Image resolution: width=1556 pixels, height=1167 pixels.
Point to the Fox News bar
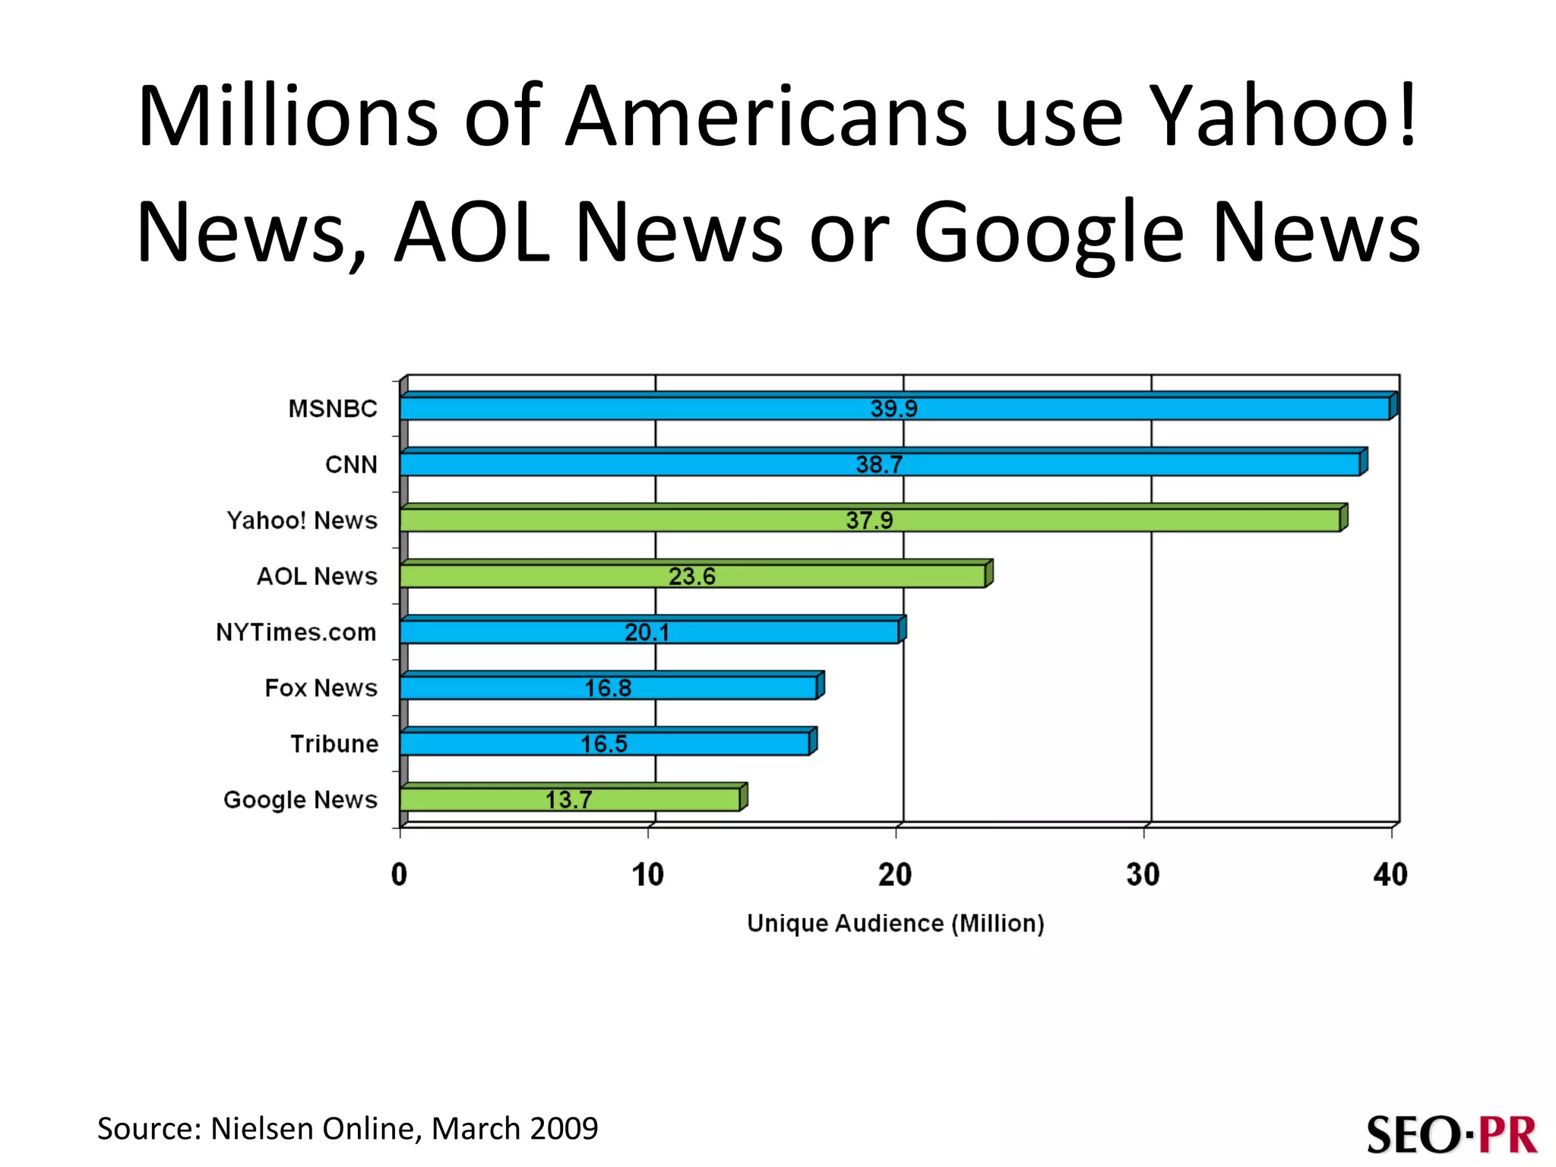point(494,688)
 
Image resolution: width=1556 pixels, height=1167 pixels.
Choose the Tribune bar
point(494,744)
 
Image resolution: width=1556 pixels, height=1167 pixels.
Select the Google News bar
point(471,799)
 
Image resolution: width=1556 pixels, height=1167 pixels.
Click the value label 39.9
point(893,409)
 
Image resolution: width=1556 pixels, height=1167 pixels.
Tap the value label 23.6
point(691,576)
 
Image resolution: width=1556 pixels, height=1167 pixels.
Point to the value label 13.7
point(568,799)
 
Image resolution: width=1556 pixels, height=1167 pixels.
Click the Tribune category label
point(334,744)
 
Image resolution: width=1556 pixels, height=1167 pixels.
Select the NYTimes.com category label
point(296,632)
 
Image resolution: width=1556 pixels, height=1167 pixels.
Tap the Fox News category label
point(321,688)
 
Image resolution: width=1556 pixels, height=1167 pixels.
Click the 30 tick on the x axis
point(1143,874)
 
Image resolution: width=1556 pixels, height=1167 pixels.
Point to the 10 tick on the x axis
point(647,874)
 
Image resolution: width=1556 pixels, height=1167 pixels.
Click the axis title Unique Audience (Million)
point(895,923)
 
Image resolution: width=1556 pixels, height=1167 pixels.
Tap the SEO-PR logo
point(1451,1134)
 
